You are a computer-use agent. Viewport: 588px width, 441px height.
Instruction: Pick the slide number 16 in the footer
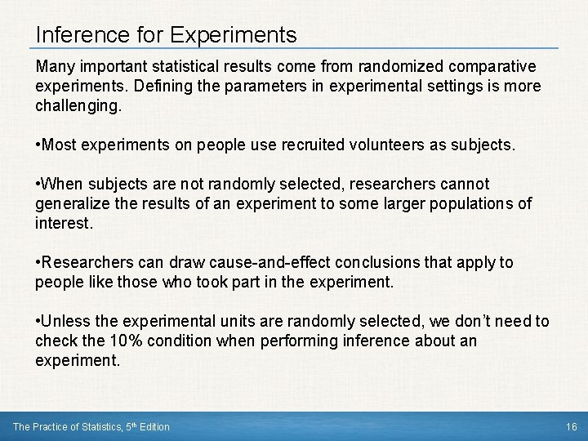pyautogui.click(x=572, y=427)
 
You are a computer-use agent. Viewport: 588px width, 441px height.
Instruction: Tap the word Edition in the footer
pyautogui.click(x=154, y=427)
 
